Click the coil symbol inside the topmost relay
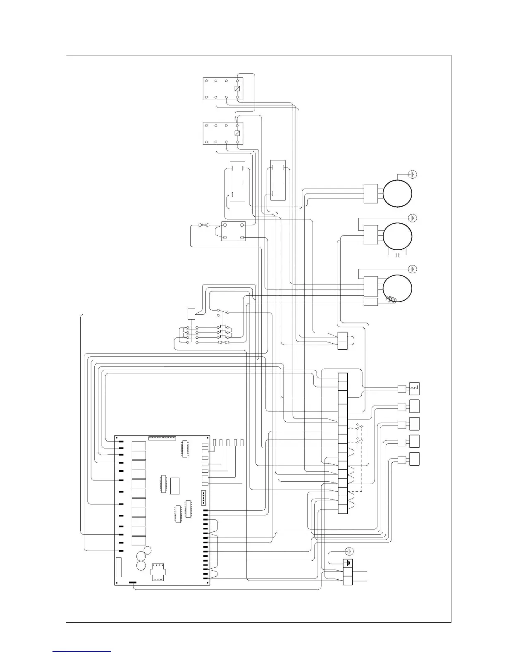237,89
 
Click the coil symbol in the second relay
237,133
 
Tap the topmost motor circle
397,193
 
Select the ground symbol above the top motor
413,175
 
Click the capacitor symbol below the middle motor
397,255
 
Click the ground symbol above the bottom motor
413,269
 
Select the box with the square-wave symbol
414,389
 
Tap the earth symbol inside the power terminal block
348,564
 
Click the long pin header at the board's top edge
162,437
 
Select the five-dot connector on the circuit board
204,498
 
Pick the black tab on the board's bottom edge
133,583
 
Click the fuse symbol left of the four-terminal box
204,225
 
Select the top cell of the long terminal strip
342,378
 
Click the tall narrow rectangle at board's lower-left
119,567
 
